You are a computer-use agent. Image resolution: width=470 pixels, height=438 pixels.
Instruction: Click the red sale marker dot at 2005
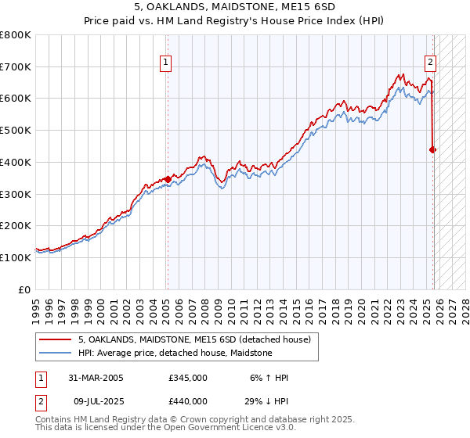coord(168,179)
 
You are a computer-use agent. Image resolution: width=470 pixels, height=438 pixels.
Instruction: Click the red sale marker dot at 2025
coord(433,149)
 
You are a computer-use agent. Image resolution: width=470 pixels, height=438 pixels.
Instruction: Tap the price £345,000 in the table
coord(188,378)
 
